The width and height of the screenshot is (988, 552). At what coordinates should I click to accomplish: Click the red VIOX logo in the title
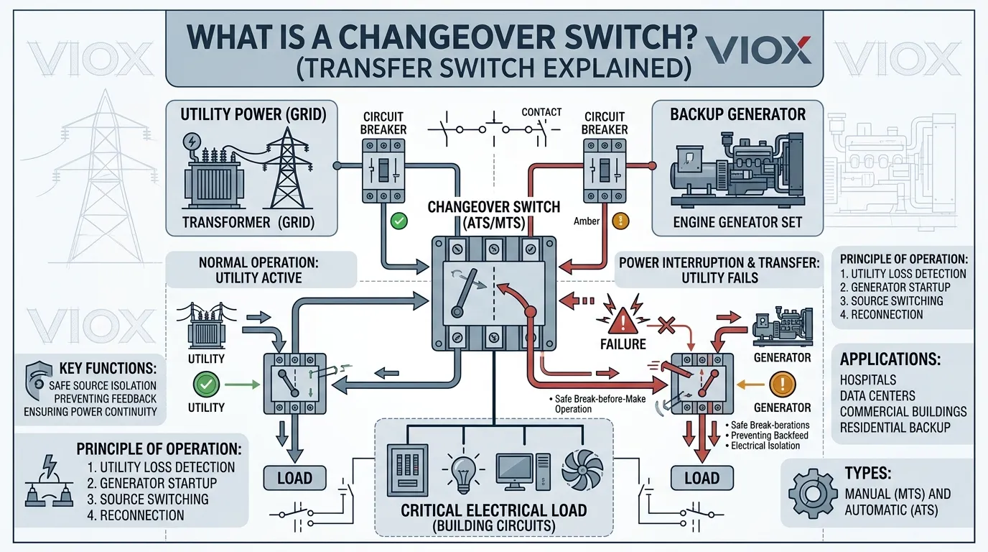(x=759, y=50)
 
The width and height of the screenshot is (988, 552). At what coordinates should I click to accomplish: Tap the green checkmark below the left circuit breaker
(x=399, y=221)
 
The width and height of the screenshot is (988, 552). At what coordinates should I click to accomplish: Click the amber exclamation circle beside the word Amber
(x=620, y=221)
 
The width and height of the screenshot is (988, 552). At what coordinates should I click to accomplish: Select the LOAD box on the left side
(x=294, y=477)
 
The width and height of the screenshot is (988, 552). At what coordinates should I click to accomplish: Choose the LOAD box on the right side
(x=702, y=477)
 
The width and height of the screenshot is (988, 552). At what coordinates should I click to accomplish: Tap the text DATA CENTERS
(x=877, y=395)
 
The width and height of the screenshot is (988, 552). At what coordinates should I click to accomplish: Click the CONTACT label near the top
(x=541, y=112)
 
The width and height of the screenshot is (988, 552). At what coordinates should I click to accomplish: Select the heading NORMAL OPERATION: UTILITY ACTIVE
(x=259, y=270)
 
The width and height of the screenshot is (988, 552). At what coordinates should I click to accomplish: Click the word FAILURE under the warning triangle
(x=623, y=344)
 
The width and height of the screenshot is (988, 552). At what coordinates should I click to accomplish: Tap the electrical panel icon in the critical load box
(x=407, y=469)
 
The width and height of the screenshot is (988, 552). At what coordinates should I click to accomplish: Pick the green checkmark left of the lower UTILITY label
(x=206, y=385)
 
